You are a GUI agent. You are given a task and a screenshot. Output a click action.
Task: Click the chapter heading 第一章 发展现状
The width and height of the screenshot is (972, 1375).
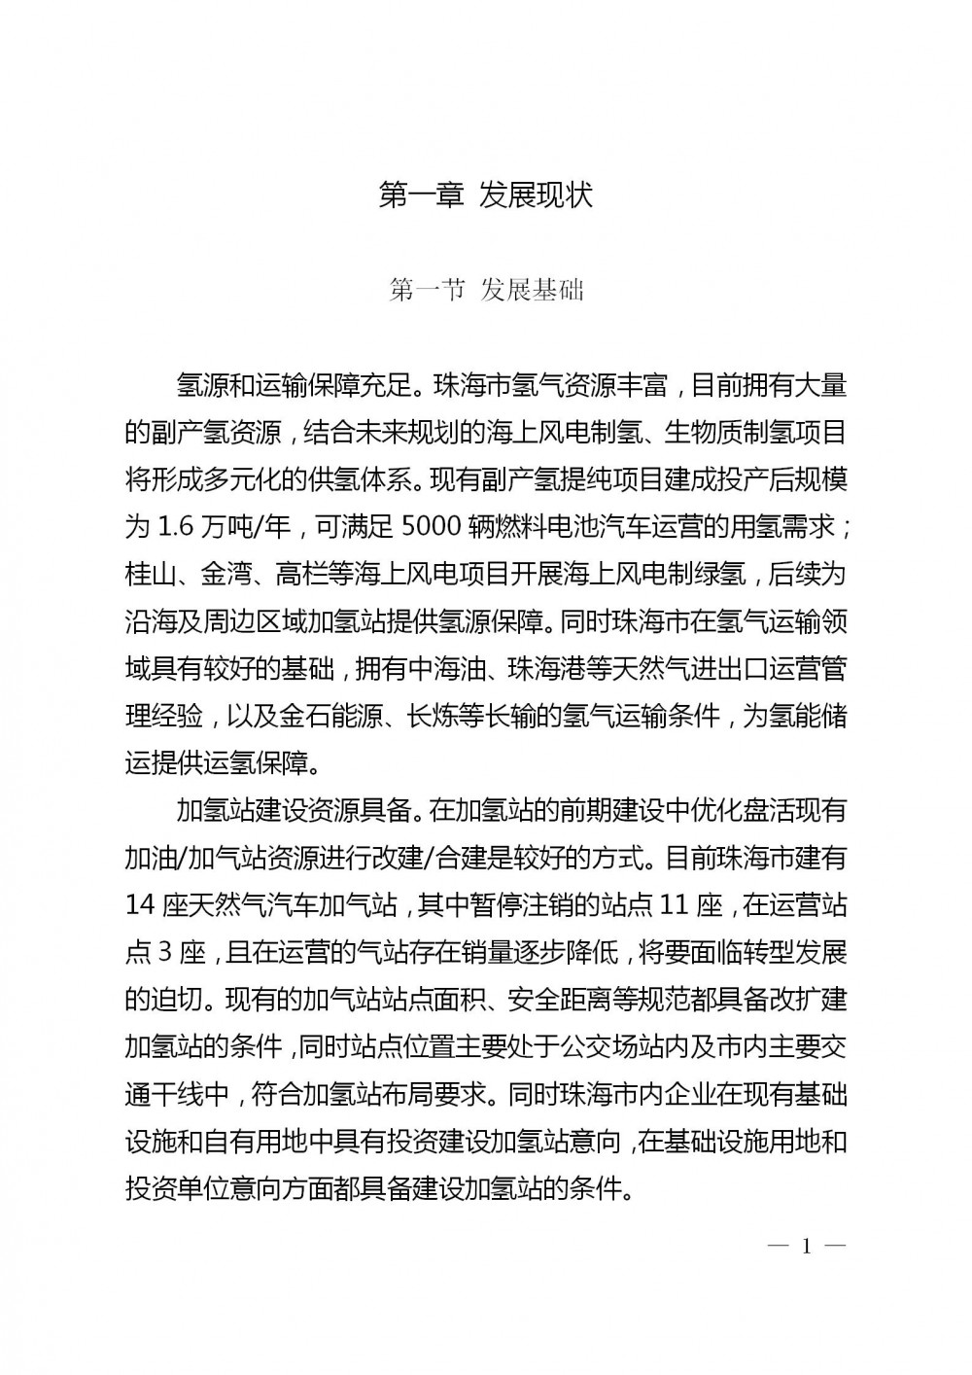[485, 195]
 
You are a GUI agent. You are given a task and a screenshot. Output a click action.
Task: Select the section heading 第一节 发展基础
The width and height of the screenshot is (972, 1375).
[485, 290]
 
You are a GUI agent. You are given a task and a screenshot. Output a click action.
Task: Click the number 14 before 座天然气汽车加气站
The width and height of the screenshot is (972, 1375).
[142, 905]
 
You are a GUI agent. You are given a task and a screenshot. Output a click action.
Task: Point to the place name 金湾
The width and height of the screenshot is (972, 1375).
[226, 575]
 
